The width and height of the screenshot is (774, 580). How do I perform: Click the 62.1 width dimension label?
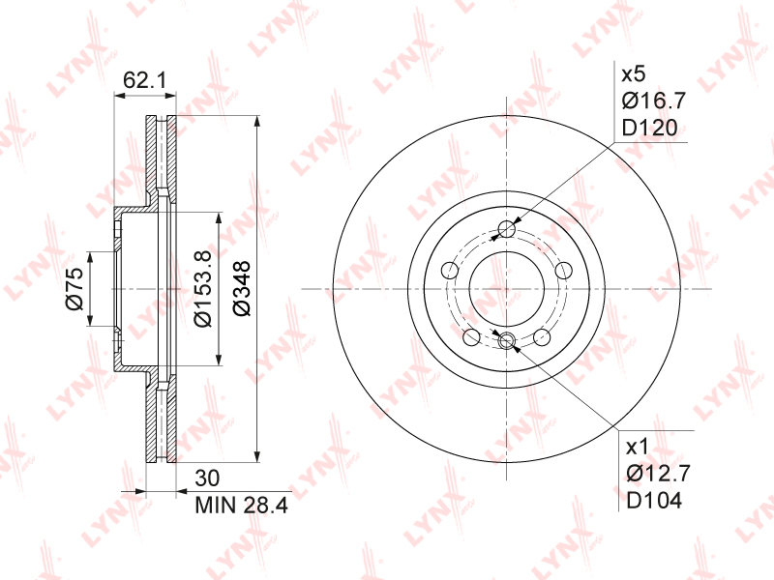[x=144, y=79]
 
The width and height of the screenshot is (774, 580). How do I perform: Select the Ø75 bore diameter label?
[x=74, y=288]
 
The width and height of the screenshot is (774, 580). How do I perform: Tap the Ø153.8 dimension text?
[x=202, y=288]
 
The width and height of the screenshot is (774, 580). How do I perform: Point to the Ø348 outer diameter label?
[x=241, y=288]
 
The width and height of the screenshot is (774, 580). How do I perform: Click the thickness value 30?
[x=207, y=478]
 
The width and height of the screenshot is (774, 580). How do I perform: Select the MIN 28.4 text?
[x=241, y=505]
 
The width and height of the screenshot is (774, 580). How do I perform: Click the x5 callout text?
[x=634, y=74]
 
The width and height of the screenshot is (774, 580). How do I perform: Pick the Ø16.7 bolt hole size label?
[x=654, y=101]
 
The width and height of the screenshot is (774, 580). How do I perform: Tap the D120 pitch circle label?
[x=649, y=128]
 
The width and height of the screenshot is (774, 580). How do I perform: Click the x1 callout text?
[x=638, y=448]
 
